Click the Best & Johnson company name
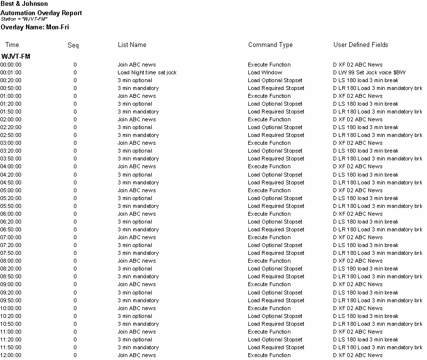24,4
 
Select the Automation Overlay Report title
42,13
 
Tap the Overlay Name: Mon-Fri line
35,27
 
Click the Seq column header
73,45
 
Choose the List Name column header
132,45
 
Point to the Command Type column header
270,45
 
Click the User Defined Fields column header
360,45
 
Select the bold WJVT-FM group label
16,56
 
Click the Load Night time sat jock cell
147,72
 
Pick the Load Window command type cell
265,72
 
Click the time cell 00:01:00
11,72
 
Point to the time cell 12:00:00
11,355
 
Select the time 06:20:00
11,222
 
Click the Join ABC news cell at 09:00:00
137,284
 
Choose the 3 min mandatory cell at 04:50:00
138,182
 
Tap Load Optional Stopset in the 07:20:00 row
275,245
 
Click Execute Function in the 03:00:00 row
269,143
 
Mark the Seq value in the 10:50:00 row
75,324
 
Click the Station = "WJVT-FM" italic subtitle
24,19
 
